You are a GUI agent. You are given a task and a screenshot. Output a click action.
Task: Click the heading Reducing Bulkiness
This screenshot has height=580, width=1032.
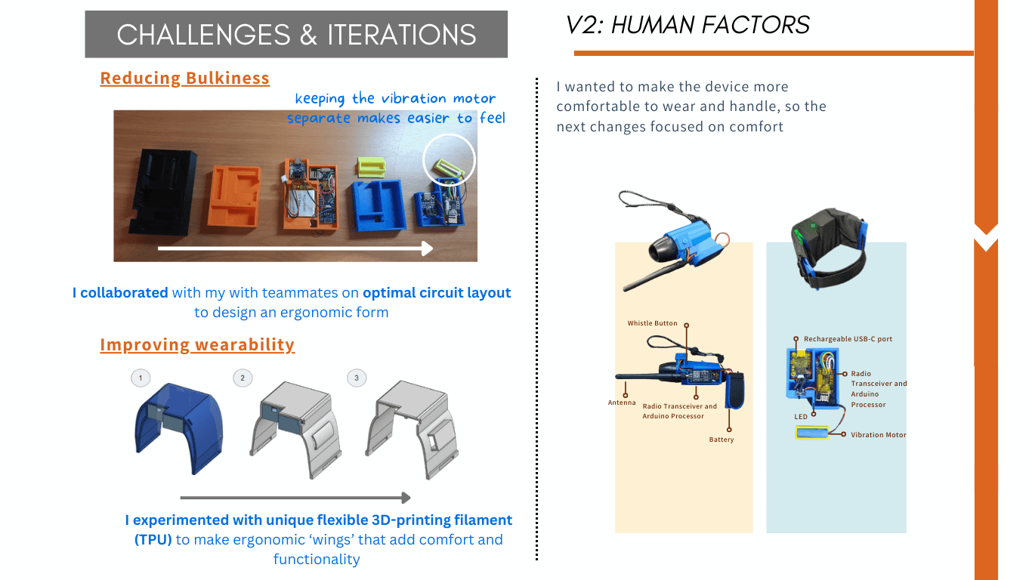point(184,79)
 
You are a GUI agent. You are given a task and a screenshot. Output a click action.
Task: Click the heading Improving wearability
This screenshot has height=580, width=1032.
point(197,345)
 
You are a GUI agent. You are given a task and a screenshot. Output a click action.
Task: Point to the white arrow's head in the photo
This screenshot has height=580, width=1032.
point(427,248)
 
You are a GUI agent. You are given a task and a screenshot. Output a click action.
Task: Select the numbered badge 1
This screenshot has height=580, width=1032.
point(140,378)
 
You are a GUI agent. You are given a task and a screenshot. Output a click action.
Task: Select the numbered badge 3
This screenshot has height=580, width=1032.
point(356,378)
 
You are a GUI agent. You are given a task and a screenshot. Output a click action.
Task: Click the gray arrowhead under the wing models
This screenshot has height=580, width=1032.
point(406,498)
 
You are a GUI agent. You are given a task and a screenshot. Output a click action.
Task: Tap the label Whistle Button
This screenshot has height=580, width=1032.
point(652,323)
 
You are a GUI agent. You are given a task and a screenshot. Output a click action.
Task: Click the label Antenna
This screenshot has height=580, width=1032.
point(622,403)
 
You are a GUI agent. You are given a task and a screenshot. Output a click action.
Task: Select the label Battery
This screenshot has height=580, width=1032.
point(721,440)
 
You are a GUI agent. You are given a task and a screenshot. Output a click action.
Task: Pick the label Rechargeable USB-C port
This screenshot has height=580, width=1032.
point(848,339)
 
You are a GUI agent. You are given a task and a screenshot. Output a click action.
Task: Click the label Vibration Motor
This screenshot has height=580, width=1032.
point(878,435)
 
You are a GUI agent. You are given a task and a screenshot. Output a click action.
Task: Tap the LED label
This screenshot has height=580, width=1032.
point(801,416)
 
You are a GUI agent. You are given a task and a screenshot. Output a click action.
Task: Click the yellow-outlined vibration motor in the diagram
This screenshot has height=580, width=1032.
point(812,433)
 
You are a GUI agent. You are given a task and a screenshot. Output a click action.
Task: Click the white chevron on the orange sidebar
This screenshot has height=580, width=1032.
point(986,241)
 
